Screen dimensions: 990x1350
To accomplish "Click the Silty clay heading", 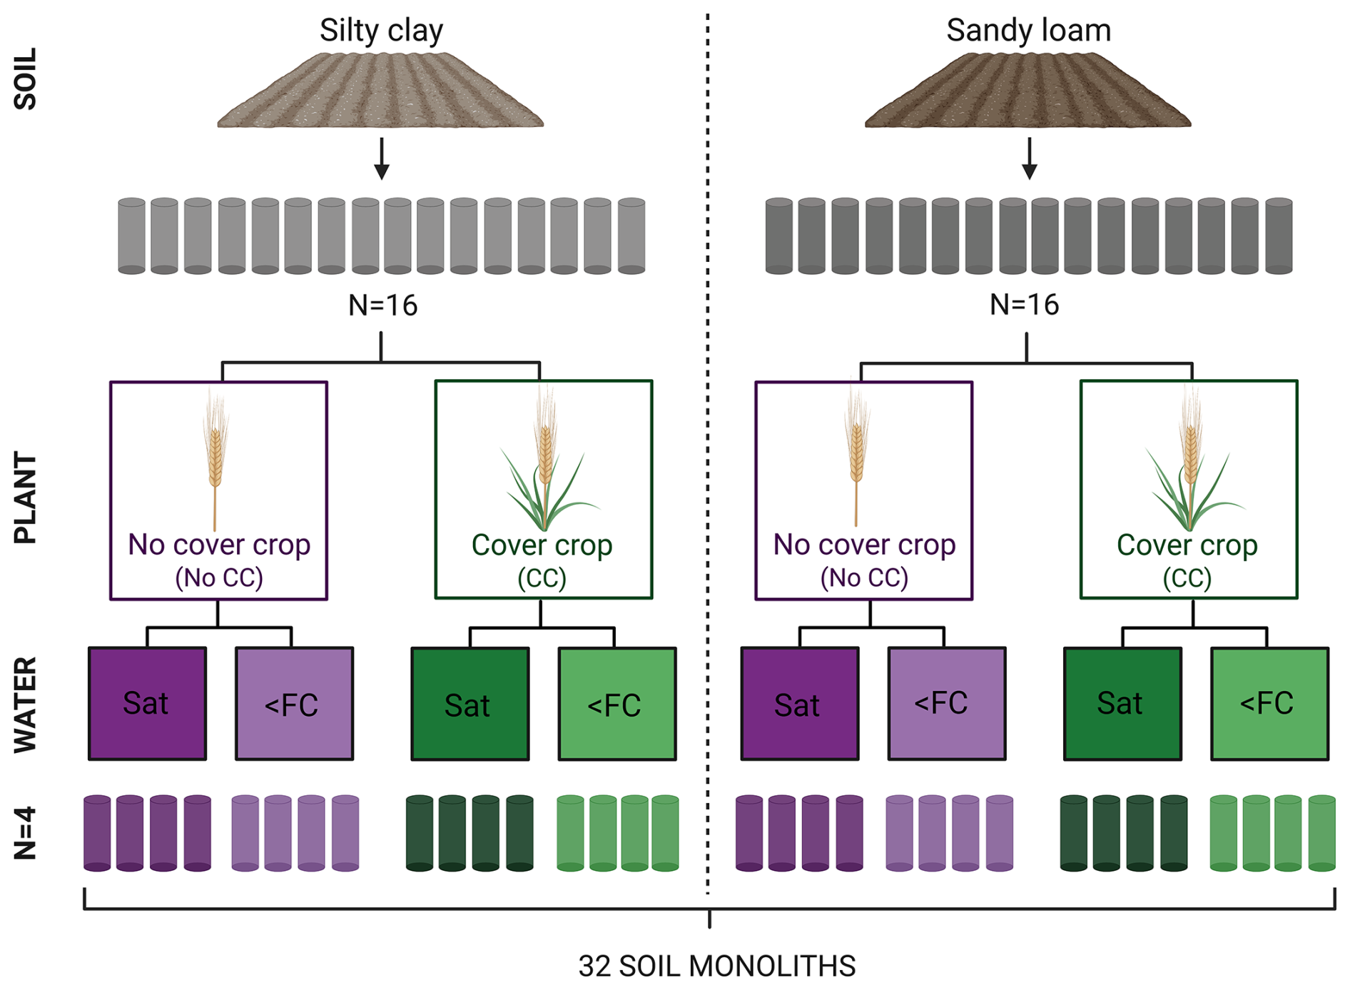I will [x=381, y=31].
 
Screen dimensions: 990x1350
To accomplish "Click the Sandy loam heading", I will [x=1028, y=31].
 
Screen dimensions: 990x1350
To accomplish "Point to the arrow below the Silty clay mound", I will [x=382, y=158].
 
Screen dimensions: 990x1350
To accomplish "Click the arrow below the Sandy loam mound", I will [x=1029, y=158].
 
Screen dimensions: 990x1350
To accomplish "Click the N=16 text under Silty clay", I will [x=382, y=305].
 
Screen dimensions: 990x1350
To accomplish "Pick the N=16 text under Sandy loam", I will [x=1024, y=305].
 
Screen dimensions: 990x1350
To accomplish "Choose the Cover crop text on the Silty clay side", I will [x=542, y=545].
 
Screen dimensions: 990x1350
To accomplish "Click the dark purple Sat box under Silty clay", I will [x=147, y=703].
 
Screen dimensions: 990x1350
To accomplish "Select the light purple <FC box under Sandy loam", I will [x=946, y=703].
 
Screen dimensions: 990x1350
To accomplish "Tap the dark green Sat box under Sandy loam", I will [x=1122, y=703].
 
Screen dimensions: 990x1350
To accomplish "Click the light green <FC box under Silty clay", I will [x=616, y=704].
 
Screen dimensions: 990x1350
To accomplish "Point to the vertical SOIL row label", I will [x=26, y=79].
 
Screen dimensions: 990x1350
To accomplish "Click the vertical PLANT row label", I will [x=26, y=497].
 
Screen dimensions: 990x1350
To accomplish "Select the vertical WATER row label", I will [x=26, y=704].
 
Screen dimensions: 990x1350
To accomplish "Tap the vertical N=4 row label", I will [x=26, y=832].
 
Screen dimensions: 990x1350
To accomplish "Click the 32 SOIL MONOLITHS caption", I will [x=716, y=966].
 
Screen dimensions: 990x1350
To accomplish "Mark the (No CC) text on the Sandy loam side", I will [x=864, y=577].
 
